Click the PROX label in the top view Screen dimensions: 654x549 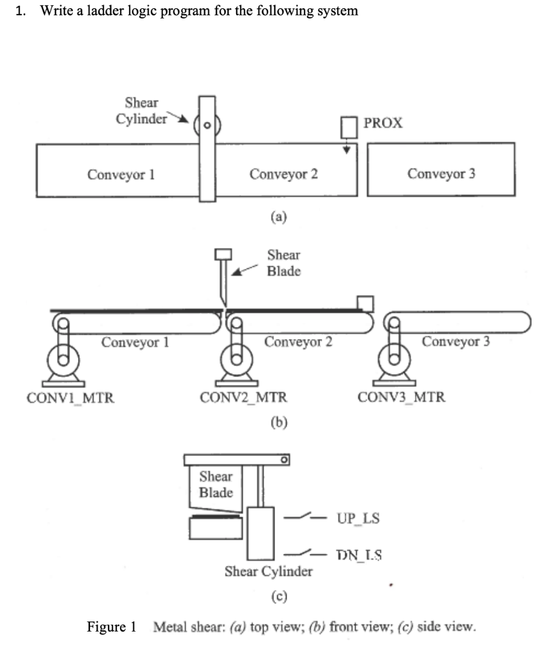pyautogui.click(x=382, y=123)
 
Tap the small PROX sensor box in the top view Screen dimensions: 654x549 pyautogui.click(x=348, y=128)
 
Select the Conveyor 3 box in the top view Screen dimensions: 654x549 pyautogui.click(x=441, y=171)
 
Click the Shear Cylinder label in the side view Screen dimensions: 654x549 pyautogui.click(x=269, y=571)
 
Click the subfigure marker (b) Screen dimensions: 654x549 pyautogui.click(x=278, y=422)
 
